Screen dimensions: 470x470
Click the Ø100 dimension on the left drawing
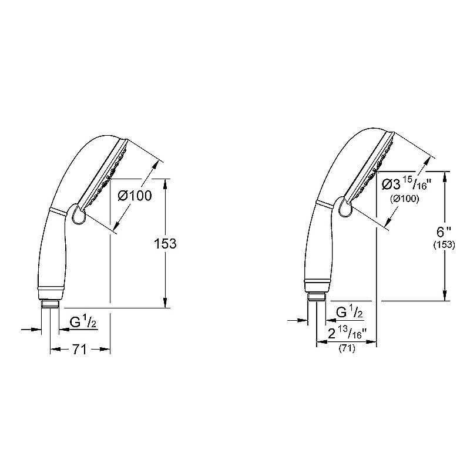point(135,196)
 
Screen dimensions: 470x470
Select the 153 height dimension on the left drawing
point(165,243)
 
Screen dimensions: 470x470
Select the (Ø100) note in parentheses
point(405,200)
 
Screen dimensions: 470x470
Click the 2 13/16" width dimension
point(347,335)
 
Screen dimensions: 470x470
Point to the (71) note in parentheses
point(347,350)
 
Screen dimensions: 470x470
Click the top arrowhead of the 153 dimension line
point(165,183)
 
